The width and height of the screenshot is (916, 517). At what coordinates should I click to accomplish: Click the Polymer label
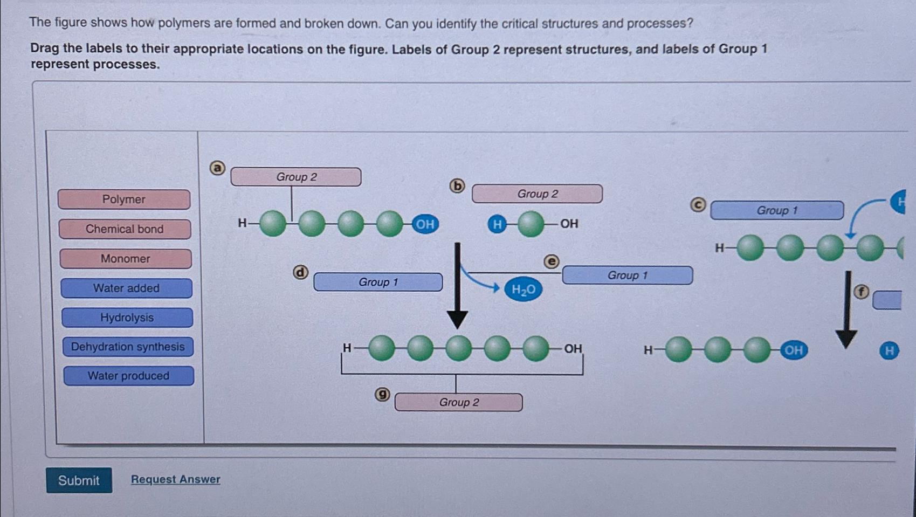pyautogui.click(x=124, y=199)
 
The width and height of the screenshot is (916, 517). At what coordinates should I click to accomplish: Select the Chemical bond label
pyautogui.click(x=125, y=229)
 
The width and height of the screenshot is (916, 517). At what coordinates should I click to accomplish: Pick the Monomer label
pyautogui.click(x=126, y=259)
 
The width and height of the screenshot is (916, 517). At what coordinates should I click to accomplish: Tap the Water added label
pyautogui.click(x=126, y=288)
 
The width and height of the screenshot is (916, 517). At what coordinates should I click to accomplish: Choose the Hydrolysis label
pyautogui.click(x=127, y=318)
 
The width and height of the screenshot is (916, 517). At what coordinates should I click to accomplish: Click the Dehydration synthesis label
pyautogui.click(x=128, y=347)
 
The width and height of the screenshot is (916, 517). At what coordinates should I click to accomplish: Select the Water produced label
pyautogui.click(x=128, y=376)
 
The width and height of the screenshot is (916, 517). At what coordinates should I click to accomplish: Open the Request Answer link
pyautogui.click(x=175, y=479)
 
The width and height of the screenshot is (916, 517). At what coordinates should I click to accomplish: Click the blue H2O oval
pyautogui.click(x=523, y=290)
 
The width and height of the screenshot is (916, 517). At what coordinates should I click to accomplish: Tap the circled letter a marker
pyautogui.click(x=217, y=168)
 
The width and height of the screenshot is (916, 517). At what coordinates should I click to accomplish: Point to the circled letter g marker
pyautogui.click(x=382, y=395)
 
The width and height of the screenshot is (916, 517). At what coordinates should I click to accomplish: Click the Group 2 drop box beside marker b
pyautogui.click(x=537, y=194)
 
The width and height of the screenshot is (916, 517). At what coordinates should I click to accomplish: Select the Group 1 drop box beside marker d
pyautogui.click(x=378, y=282)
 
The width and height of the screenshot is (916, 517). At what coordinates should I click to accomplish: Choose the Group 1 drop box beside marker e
pyautogui.click(x=627, y=275)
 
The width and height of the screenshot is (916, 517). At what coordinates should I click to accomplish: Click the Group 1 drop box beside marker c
pyautogui.click(x=776, y=210)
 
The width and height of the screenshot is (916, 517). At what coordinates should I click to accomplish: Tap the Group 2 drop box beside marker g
pyautogui.click(x=458, y=402)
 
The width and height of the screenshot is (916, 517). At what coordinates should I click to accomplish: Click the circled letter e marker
pyautogui.click(x=551, y=261)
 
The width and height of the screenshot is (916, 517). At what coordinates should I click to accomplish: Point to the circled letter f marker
pyautogui.click(x=862, y=292)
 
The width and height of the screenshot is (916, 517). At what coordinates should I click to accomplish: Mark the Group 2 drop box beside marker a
pyautogui.click(x=296, y=177)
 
